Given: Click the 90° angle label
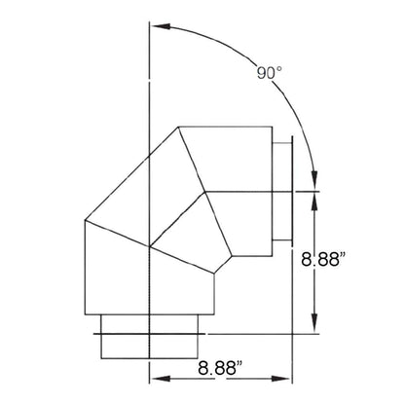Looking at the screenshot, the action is pos(269,73).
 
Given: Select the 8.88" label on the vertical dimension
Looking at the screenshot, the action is pos(323,259).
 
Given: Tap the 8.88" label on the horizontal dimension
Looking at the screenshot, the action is pos(220,368).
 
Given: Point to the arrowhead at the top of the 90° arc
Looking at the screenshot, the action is pos(161,26).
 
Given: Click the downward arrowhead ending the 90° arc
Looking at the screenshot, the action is pos(314,179).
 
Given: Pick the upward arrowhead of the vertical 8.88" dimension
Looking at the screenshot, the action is pos(314,202).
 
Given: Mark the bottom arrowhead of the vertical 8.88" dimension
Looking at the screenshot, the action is pos(314,323).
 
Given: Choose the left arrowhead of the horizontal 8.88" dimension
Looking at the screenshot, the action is pos(161,379).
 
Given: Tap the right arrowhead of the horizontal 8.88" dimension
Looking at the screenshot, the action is pos(280,379).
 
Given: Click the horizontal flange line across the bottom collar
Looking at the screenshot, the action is pos(149,334).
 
